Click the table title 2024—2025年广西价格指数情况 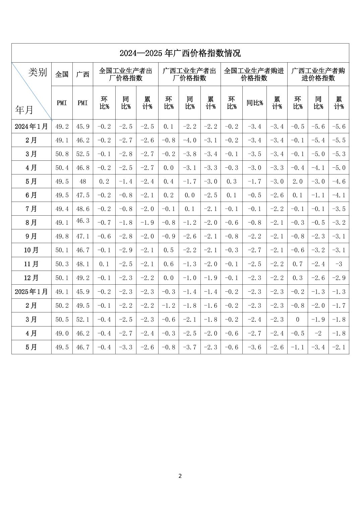click(180, 53)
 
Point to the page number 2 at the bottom click(180, 476)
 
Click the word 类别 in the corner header click(38, 72)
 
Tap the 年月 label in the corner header click(24, 110)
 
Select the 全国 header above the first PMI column click(62, 74)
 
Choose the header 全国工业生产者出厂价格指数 click(126, 74)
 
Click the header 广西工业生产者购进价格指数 click(318, 74)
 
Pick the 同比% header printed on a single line click(254, 103)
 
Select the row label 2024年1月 click(32, 127)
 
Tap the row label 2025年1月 click(32, 292)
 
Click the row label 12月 click(32, 278)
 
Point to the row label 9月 click(32, 236)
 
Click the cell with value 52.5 click(82, 154)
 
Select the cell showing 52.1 click(82, 319)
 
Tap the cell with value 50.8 click(62, 154)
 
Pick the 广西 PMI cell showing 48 click(82, 181)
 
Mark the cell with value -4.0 click(190, 140)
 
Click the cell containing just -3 click(339, 264)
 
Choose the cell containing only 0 click(297, 319)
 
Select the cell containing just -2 click(318, 333)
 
